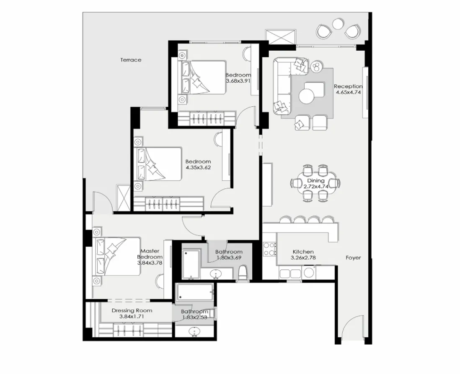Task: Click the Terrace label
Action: pos(131,60)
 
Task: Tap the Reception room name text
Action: pos(348,87)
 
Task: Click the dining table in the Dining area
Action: pos(315,183)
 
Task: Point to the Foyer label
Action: pos(353,258)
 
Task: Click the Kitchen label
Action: pos(303,252)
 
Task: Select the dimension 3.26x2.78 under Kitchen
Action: pos(303,258)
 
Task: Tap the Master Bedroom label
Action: pos(150,254)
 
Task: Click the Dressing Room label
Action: pos(132,311)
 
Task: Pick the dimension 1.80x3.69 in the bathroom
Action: pos(229,259)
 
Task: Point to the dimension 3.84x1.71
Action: pos(132,317)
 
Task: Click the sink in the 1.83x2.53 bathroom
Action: pos(194,332)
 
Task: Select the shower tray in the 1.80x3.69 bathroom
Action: pos(191,264)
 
